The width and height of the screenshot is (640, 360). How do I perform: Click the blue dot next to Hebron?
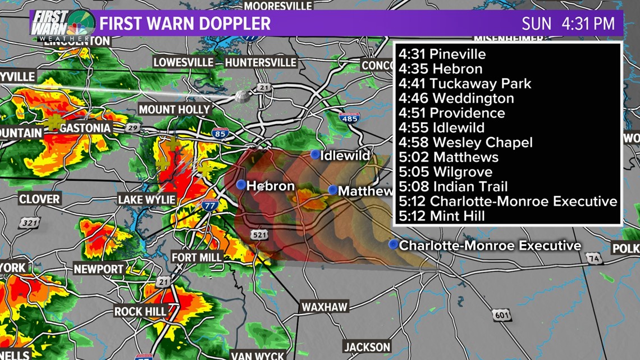coord(241,184)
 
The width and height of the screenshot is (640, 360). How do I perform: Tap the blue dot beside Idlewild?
coord(315,154)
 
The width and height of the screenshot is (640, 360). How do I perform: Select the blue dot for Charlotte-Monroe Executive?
coord(394,244)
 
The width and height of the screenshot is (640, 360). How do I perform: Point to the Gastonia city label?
coord(86,128)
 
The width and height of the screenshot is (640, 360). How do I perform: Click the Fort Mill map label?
coord(196,257)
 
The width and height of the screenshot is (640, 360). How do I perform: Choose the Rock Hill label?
coord(140,311)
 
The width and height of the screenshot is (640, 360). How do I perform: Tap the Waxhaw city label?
coord(324,307)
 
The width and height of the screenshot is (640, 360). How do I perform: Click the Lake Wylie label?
coord(147,199)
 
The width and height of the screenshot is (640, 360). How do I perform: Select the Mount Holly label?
coord(174,110)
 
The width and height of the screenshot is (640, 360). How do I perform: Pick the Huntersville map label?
coord(260,62)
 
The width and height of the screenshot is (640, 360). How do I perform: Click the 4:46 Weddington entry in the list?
coord(456,98)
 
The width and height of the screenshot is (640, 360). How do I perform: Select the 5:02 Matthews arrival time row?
coord(449,157)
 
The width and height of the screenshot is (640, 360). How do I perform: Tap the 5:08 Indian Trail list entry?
coord(453,186)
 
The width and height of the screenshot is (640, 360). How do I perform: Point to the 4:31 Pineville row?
coord(442,54)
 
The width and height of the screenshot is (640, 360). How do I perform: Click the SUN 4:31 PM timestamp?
coord(568,24)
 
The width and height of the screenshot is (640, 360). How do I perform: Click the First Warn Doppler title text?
coord(185,24)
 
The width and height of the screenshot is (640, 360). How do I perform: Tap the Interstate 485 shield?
coord(349,119)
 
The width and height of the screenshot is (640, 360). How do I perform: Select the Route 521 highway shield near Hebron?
coord(259,235)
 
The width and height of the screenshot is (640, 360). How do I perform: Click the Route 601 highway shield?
coord(501,315)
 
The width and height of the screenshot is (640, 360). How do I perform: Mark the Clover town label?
coord(39,199)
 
